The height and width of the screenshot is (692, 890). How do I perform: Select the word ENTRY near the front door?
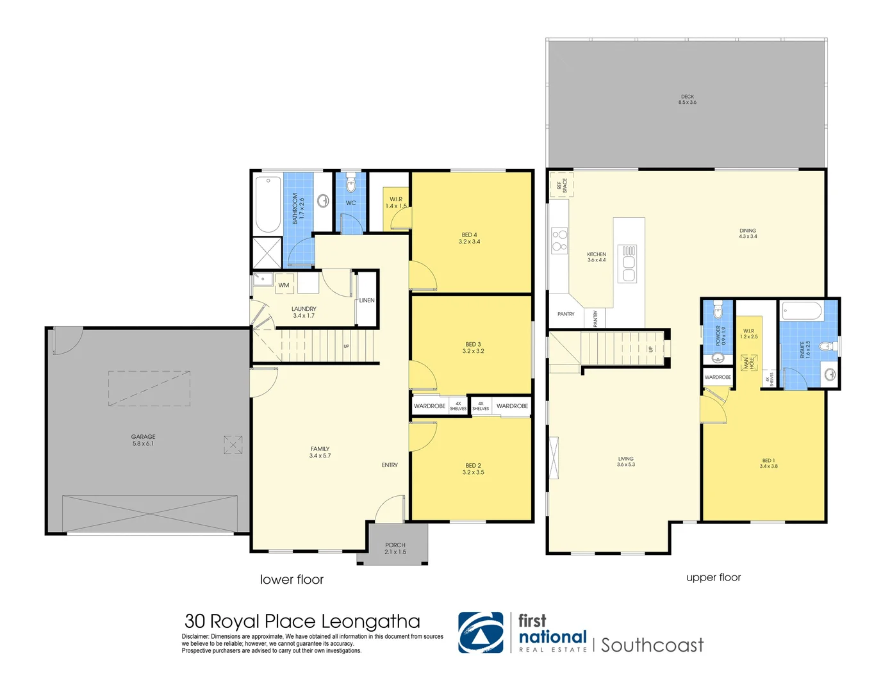(390, 465)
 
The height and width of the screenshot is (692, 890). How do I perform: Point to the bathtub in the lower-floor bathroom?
(268, 204)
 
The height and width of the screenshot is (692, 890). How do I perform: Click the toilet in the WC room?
(350, 185)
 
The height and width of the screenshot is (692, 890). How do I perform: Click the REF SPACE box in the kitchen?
(562, 185)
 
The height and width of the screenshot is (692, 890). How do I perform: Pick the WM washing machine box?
(284, 285)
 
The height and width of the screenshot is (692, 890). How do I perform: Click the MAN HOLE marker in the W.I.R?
(748, 363)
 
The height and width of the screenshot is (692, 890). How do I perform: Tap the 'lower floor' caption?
(292, 579)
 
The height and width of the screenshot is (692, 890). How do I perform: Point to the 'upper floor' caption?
(713, 577)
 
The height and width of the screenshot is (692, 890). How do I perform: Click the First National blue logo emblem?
(481, 632)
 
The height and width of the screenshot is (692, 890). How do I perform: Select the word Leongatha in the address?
(370, 622)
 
